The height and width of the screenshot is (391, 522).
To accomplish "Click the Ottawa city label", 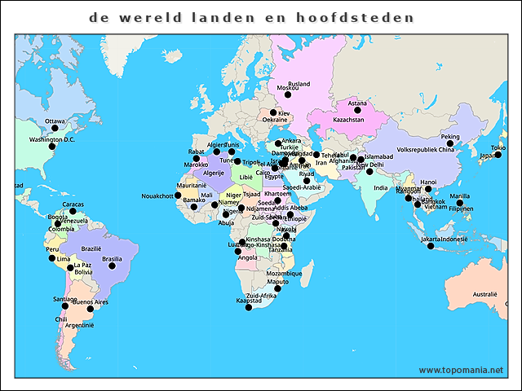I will [x=55, y=121].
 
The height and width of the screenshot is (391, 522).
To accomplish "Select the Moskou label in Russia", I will [x=288, y=87].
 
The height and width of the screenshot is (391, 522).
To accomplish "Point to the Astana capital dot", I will [x=356, y=112].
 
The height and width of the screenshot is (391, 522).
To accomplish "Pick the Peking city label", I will [x=450, y=137].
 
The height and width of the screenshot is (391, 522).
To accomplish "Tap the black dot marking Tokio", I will [x=497, y=155].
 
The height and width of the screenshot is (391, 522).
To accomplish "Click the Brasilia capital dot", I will [x=112, y=266].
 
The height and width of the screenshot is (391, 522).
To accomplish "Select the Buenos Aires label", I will [x=90, y=302].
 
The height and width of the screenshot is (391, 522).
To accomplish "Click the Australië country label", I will [x=484, y=294].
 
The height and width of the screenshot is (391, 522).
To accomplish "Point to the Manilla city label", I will [x=459, y=195].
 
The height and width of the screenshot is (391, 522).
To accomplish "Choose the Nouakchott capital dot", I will [x=178, y=195].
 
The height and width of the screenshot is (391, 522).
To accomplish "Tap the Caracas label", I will [x=73, y=204].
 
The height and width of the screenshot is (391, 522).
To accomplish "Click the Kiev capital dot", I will [x=273, y=113].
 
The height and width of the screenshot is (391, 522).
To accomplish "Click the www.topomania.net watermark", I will [x=461, y=370].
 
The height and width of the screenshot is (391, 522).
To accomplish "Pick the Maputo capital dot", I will [x=277, y=288].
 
